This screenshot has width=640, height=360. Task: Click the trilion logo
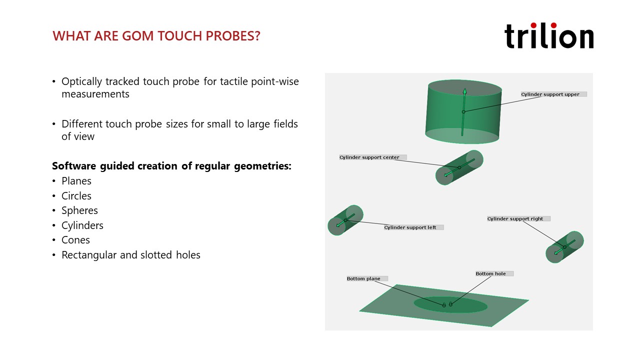[x=549, y=35]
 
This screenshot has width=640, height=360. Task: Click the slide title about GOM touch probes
[x=156, y=36]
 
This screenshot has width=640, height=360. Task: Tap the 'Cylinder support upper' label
[x=553, y=94]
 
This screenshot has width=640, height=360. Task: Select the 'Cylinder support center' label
[x=372, y=157]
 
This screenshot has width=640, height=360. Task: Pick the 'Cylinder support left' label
[x=413, y=227]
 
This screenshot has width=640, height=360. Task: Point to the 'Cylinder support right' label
[x=518, y=219]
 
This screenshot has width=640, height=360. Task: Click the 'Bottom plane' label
[x=367, y=278]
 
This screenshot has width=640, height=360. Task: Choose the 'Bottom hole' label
[x=494, y=273]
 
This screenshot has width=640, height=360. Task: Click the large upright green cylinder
[x=463, y=111]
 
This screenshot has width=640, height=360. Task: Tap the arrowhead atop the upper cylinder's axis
[x=465, y=91]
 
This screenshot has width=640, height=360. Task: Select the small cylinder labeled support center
[x=459, y=167]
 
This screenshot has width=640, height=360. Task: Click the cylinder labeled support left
[x=345, y=220]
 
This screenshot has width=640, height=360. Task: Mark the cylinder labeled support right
[x=564, y=247]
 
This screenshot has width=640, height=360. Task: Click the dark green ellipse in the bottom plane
[x=450, y=304]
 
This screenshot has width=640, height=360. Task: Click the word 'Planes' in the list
[x=76, y=181]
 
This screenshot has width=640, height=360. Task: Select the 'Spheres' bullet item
[x=79, y=211]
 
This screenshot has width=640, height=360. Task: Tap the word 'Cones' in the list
[x=75, y=240]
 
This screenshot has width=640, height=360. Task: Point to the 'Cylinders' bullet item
[x=82, y=225]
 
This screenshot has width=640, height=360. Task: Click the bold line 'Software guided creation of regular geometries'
[x=171, y=166]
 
